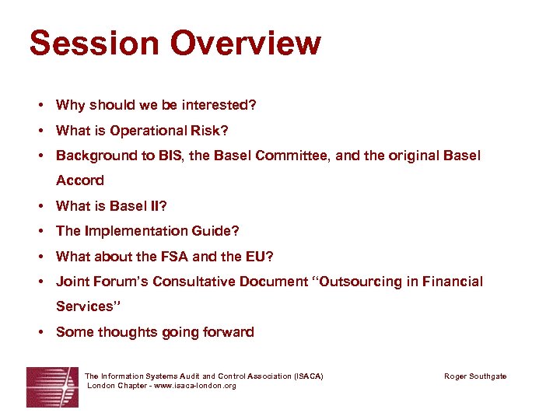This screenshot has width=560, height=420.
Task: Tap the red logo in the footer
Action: tap(52, 387)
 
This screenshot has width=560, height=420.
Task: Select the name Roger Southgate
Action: tap(474, 376)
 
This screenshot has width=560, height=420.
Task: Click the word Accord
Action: tap(79, 180)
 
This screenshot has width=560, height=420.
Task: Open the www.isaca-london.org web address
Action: tap(191, 386)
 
